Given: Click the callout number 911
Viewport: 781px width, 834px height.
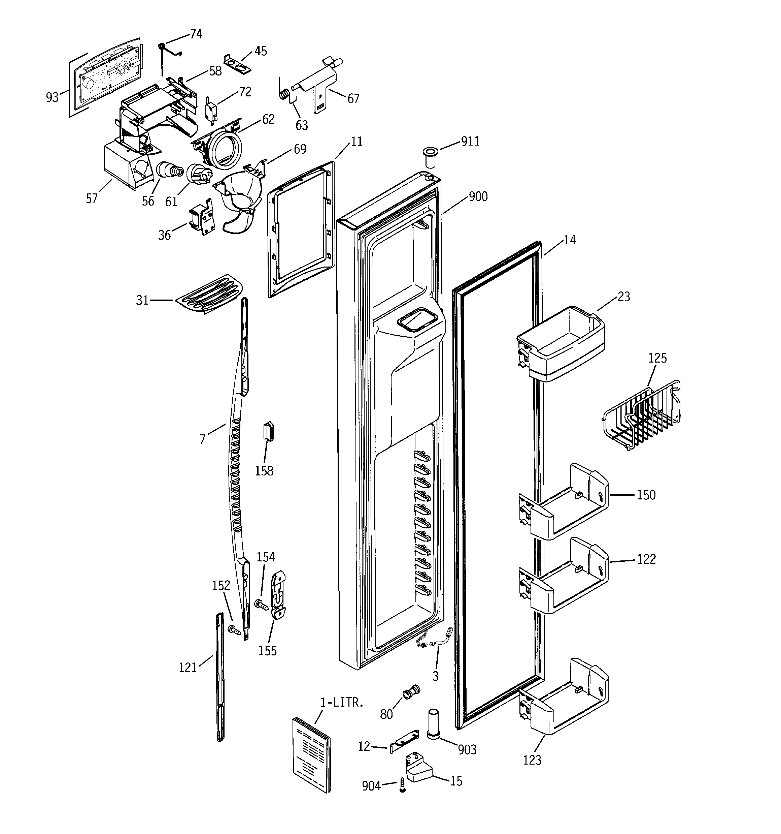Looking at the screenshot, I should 470,142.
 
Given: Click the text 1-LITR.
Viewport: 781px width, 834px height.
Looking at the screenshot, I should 342,703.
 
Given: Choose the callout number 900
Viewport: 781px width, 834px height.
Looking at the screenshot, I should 478,196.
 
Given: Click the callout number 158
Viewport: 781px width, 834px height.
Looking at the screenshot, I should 264,471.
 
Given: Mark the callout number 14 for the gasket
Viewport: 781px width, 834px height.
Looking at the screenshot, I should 569,240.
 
